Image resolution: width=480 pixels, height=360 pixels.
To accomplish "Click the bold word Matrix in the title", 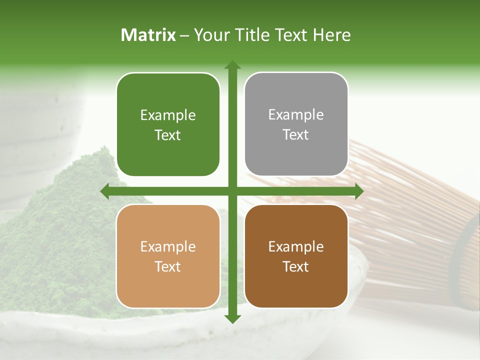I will coord(148,35).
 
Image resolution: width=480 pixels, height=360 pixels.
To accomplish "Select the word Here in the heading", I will coord(331,35).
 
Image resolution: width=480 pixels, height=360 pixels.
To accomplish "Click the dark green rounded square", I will coord(168,124).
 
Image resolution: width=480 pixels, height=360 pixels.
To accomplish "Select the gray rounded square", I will coord(296,124).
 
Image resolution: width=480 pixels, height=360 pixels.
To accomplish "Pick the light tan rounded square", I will coord(168,256).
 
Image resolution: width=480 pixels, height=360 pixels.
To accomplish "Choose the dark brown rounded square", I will coord(296,256).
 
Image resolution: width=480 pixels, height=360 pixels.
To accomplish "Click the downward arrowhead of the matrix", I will coord(232,319).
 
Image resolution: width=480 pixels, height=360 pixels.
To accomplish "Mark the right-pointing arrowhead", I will coord(359,191).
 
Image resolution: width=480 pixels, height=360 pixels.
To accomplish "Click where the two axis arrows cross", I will coord(232,191).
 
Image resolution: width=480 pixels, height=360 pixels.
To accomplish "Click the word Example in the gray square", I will coord(296,115).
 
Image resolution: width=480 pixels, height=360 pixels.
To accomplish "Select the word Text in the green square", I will coord(168,135).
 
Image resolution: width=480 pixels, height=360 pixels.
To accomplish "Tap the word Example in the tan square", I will coord(168,246).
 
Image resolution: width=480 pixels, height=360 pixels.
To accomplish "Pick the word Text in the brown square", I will coord(296,266).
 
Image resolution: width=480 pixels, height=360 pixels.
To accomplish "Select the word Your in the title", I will coord(209,35).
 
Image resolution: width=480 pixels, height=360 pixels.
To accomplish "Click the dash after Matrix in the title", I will coord(184,35).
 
